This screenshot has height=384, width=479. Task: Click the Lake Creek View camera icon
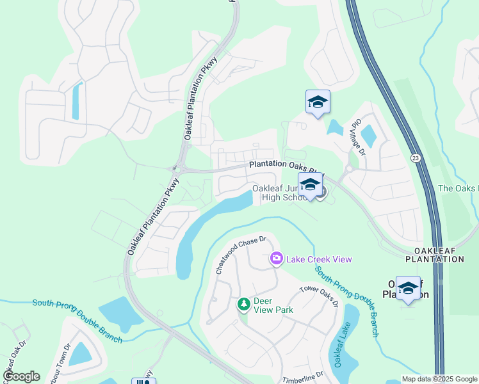[x=277, y=259]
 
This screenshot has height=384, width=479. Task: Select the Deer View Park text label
[x=273, y=305]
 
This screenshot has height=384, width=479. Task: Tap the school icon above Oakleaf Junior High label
[x=311, y=186]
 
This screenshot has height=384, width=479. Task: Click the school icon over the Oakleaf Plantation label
[x=408, y=288]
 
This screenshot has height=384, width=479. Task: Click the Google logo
[x=20, y=376]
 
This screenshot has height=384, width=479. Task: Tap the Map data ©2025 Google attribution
[x=439, y=379]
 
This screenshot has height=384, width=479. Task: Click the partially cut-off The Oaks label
[x=458, y=188]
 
